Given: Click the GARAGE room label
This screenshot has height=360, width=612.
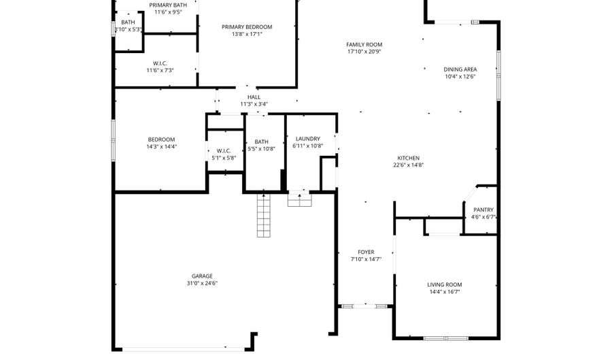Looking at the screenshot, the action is click(202, 276).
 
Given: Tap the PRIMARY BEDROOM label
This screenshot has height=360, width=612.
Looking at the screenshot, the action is click(247, 27).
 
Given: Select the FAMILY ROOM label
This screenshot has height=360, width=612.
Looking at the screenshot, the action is click(364, 44).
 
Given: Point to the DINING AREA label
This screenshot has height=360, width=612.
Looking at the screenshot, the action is click(460, 69).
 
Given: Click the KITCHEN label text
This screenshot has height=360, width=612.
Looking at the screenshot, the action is click(408, 158).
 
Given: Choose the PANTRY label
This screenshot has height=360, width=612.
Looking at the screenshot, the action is click(483, 210).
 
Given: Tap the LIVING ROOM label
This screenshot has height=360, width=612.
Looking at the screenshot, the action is click(444, 284).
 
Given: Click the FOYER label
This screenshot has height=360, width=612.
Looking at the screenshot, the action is click(366, 252).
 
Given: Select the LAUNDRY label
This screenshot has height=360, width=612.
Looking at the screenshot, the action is click(307, 139).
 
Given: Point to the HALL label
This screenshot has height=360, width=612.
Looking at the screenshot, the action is click(254, 97).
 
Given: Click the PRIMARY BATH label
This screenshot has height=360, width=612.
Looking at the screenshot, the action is click(168, 5).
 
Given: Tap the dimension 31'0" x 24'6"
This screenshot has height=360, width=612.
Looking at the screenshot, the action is click(202, 283).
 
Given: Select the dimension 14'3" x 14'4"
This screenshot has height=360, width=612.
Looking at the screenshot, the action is click(161, 147).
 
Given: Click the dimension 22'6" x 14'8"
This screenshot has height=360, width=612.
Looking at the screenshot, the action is click(408, 165).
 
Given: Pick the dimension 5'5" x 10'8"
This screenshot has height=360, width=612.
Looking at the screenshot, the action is click(262, 149).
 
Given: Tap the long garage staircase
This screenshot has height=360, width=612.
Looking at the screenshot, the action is click(263, 215).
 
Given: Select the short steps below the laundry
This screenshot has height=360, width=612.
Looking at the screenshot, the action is click(299, 199).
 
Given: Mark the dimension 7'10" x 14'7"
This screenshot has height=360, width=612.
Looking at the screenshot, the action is click(366, 259).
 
